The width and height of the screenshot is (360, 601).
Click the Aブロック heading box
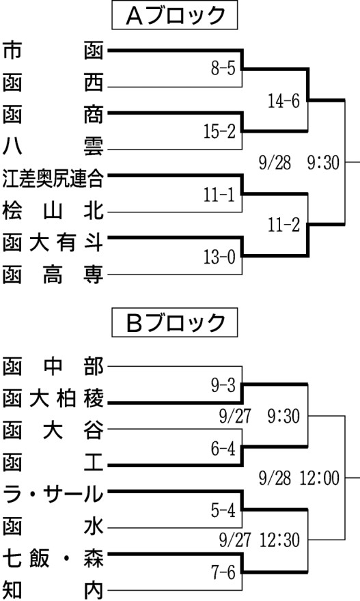(x=174, y=15)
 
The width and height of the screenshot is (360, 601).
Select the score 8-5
(x=223, y=68)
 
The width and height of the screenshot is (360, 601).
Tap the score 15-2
(x=219, y=131)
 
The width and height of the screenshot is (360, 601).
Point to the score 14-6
(x=283, y=101)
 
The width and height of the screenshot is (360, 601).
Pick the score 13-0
(x=219, y=256)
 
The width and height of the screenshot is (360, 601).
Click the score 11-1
(x=219, y=195)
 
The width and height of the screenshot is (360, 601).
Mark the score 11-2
(x=283, y=225)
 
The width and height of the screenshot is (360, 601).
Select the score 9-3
(x=223, y=385)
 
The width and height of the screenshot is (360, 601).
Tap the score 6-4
(x=223, y=448)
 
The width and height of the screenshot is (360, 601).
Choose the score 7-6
(x=223, y=572)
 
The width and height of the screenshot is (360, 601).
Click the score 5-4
(x=223, y=510)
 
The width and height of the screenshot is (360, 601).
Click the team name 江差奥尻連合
(x=53, y=179)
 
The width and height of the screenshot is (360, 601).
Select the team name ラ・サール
(x=53, y=494)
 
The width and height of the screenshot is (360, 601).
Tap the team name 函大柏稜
(x=53, y=400)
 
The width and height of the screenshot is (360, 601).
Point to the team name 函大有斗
(x=53, y=243)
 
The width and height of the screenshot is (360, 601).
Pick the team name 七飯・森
(x=53, y=558)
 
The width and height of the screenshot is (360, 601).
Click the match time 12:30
(x=280, y=540)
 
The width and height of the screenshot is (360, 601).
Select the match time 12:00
(x=320, y=478)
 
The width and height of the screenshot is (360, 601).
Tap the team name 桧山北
(x=53, y=211)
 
